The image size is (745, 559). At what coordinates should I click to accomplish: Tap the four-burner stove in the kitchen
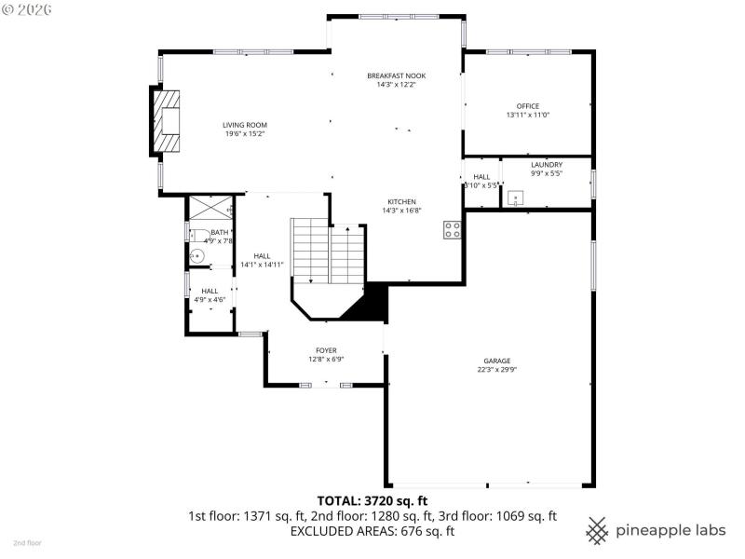(453, 230)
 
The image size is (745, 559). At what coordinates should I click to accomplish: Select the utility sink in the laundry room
(515, 198)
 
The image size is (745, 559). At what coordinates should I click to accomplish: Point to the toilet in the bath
(198, 234)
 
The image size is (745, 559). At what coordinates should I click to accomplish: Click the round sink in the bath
(196, 256)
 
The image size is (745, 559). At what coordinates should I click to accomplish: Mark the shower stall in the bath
(210, 208)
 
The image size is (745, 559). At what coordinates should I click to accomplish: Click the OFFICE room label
(528, 106)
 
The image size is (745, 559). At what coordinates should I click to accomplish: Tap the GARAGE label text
(496, 361)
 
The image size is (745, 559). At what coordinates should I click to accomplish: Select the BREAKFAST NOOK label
(396, 75)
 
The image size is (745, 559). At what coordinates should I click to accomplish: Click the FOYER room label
(326, 350)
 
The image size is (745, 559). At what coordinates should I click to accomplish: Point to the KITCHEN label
(402, 201)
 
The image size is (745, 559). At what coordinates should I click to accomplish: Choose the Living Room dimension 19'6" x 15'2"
(245, 133)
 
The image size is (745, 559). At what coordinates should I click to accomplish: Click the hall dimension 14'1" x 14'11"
(262, 265)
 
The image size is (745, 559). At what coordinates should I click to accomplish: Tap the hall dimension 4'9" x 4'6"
(210, 299)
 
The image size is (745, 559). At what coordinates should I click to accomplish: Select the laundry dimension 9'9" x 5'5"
(547, 173)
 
